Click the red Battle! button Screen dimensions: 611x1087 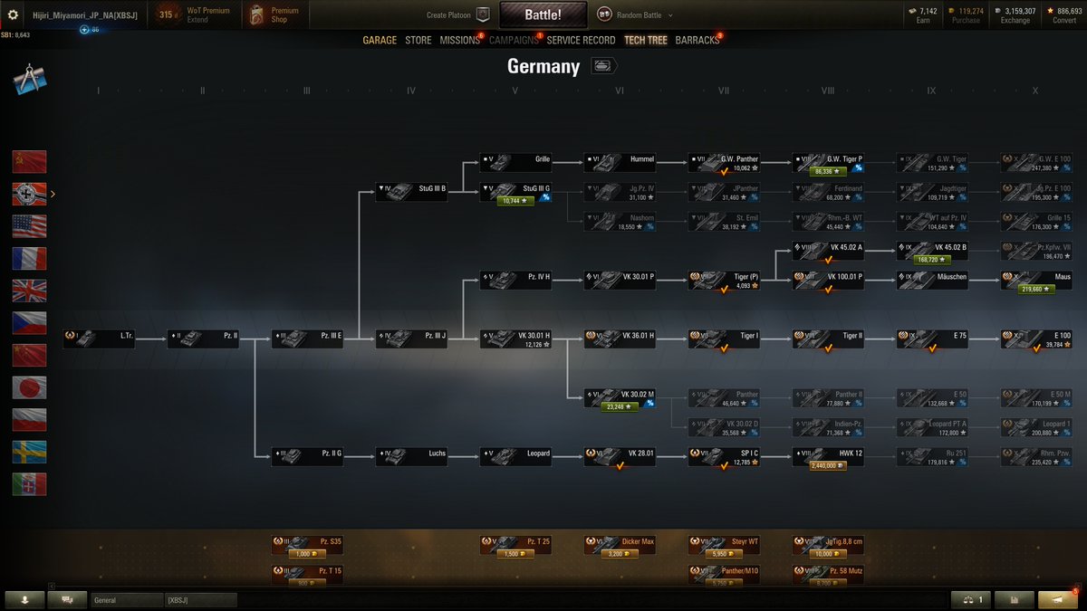[543, 14]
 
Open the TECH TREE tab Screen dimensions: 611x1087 [645, 41]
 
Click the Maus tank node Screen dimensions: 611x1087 [1036, 281]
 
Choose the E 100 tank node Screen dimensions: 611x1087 [1036, 339]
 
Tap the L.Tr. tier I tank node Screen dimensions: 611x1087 [99, 339]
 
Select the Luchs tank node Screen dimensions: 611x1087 [411, 454]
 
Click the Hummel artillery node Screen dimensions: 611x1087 [620, 163]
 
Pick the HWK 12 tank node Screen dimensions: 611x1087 [828, 454]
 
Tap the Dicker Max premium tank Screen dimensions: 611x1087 [620, 545]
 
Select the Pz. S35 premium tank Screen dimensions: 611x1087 [307, 545]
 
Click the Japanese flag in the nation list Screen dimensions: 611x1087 [29, 387]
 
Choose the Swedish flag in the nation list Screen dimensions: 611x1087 [29, 452]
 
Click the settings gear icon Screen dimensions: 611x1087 [13, 14]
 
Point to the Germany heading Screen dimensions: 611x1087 [543, 66]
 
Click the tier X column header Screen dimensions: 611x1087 [1034, 91]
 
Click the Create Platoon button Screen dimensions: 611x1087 [457, 14]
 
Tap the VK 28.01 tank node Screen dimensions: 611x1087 [620, 454]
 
